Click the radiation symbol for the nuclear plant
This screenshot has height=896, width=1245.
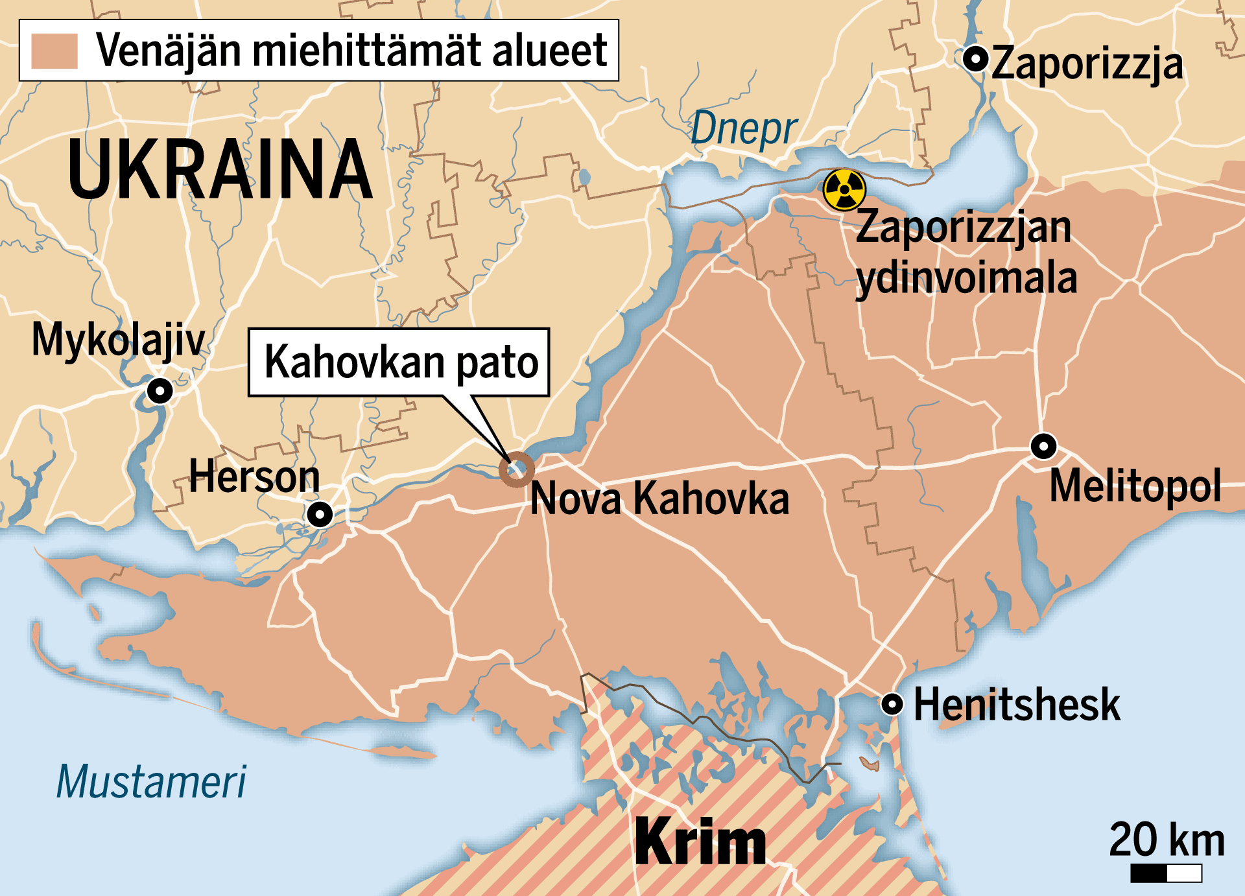(x=844, y=189)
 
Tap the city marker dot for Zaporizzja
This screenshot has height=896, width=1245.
(x=975, y=58)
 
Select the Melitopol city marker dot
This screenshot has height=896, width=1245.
(x=1043, y=446)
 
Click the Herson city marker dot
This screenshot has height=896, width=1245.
(x=320, y=515)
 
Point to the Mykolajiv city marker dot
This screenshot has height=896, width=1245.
(x=160, y=391)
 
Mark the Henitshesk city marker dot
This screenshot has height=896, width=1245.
(x=892, y=703)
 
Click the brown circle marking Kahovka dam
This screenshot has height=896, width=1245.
(x=516, y=469)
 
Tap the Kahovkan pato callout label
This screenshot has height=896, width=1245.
(x=399, y=362)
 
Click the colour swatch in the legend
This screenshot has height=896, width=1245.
(x=54, y=51)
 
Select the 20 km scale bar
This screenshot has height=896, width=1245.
(x=1166, y=873)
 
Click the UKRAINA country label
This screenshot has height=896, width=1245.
(x=220, y=169)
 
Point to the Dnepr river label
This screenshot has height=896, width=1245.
(x=743, y=129)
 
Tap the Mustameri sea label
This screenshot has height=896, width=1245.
(x=151, y=782)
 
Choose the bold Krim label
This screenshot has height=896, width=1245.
(x=700, y=842)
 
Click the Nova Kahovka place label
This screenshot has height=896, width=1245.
(x=659, y=499)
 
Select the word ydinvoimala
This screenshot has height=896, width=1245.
(x=966, y=279)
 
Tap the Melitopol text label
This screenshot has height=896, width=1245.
(x=1135, y=486)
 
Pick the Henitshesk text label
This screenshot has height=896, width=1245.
(x=1016, y=705)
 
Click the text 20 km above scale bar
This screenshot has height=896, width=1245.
(x=1167, y=840)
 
